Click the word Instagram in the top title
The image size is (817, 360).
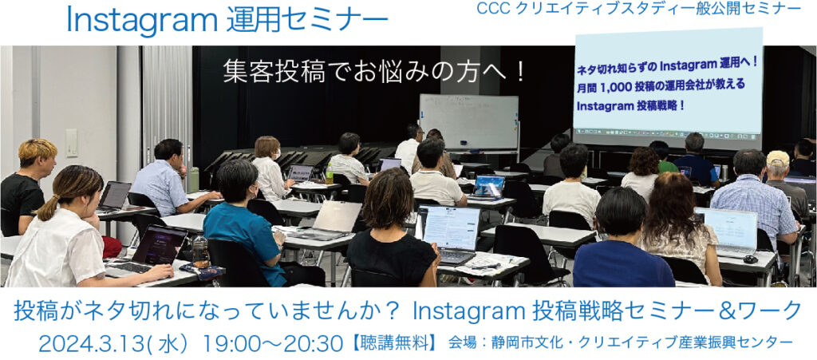(142, 22)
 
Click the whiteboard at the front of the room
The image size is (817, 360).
(469, 122)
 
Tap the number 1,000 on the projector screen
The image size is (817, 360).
(616, 86)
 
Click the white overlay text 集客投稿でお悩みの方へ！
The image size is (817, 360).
(373, 72)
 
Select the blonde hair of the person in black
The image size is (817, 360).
(38, 150)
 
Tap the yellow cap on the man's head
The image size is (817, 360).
(778, 158)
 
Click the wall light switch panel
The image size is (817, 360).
(71, 143)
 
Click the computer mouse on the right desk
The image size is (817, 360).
(750, 259)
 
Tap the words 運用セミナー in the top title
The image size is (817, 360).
(307, 22)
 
